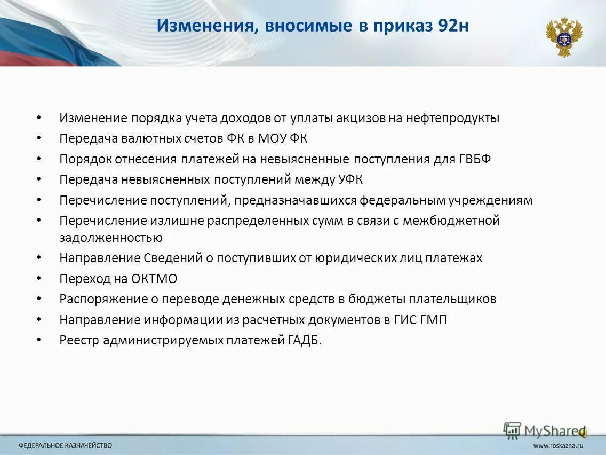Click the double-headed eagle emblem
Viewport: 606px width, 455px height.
point(563,36)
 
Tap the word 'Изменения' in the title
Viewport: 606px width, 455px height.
point(205,26)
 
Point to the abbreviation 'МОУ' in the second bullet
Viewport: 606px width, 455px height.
point(273,138)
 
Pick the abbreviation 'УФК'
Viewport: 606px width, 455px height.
point(350,179)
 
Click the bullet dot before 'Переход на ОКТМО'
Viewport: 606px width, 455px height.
point(39,279)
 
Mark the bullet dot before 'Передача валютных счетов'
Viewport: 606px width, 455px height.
point(39,138)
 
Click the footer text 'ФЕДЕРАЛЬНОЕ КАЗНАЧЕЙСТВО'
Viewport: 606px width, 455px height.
point(66,445)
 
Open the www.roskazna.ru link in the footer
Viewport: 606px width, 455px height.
point(558,445)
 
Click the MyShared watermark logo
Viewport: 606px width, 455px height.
point(544,430)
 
